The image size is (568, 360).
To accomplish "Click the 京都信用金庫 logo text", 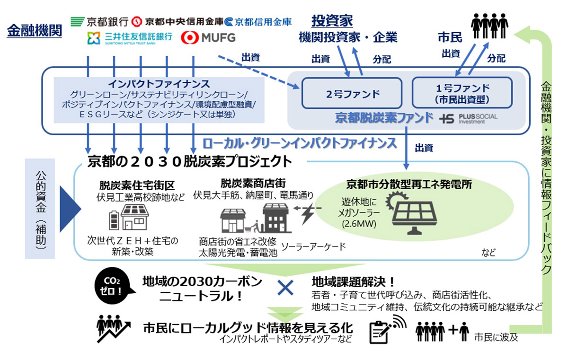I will coord(258,21).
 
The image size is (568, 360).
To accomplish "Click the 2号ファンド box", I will coord(352,93).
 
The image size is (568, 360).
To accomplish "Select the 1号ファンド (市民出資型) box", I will coord(462,92).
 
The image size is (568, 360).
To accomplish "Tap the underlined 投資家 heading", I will coord(332,21).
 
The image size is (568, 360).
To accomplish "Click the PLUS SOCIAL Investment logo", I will coord(468,118).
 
